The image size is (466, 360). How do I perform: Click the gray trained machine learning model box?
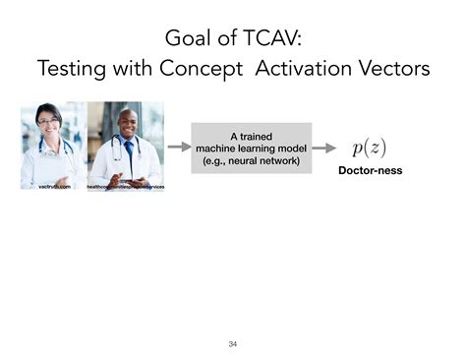pos(251,148)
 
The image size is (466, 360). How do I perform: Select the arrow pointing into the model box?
pos(178,148)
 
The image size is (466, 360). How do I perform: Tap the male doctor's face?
pos(127,126)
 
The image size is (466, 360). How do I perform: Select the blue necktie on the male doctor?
pos(129,153)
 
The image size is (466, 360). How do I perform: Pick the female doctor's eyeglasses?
pos(49,121)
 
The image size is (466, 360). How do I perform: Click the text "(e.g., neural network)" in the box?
pos(251,160)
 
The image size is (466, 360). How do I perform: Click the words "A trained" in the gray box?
pos(251,135)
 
